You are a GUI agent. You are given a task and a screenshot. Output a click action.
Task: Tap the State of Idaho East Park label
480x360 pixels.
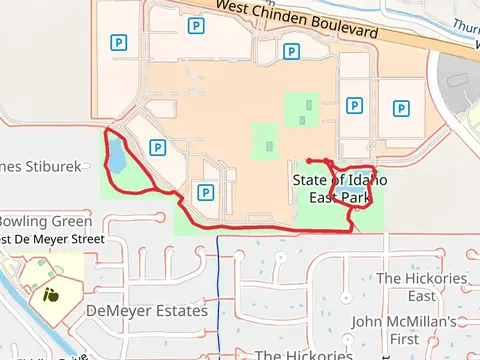click(x=340, y=188)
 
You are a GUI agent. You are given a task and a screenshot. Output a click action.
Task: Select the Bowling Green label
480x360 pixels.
click(x=45, y=221)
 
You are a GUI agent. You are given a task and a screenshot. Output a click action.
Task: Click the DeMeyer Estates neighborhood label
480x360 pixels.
click(x=147, y=311)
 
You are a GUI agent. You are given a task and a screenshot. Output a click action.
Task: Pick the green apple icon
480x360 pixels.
click(x=50, y=295)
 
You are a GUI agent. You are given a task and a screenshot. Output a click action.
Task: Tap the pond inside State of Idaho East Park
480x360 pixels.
click(x=349, y=188)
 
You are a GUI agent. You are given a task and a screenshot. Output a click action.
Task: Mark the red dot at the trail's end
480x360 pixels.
click(x=309, y=160)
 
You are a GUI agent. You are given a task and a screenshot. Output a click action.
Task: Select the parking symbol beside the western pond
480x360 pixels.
click(x=156, y=147)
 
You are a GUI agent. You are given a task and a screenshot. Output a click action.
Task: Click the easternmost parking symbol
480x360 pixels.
click(x=401, y=109)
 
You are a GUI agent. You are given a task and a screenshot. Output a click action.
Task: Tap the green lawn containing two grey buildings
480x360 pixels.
click(x=302, y=110)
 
